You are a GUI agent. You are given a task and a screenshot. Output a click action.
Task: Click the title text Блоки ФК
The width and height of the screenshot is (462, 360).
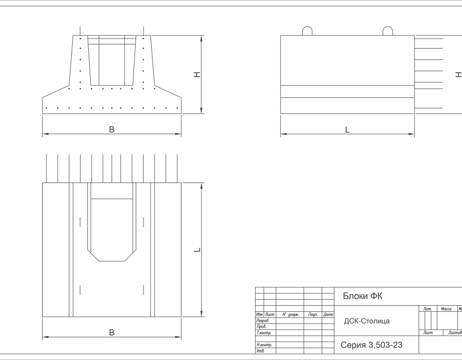coord(362,296)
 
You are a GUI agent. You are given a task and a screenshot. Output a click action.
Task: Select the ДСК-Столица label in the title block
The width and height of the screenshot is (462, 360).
coord(367,321)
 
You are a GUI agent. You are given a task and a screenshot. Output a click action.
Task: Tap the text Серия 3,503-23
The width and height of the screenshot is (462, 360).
coord(371,345)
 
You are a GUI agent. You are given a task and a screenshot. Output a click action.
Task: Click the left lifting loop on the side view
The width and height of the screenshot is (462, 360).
coord(307,31)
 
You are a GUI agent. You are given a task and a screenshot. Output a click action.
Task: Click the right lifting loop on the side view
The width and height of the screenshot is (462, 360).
coord(387,31)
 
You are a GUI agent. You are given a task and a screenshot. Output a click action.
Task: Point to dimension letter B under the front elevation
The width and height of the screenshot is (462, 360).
coord(111,129)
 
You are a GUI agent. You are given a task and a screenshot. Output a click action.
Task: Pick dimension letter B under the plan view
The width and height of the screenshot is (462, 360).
coord(111,333)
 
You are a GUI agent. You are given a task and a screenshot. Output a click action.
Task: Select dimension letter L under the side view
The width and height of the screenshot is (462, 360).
coord(347,129)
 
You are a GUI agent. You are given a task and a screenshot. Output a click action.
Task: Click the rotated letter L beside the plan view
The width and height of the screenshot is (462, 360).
coord(198,249)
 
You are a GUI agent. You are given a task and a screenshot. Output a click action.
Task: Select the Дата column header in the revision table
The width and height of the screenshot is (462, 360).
coord(328,315)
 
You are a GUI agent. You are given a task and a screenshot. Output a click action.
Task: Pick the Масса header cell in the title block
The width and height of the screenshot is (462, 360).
coord(446,309)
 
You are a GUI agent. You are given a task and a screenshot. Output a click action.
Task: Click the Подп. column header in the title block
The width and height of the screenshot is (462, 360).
coord(313,315)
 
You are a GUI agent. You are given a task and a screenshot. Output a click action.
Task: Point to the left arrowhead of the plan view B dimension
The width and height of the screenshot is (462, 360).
coord(44,337)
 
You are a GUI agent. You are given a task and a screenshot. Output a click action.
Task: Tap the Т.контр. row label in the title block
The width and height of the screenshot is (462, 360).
coord(263,333)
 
